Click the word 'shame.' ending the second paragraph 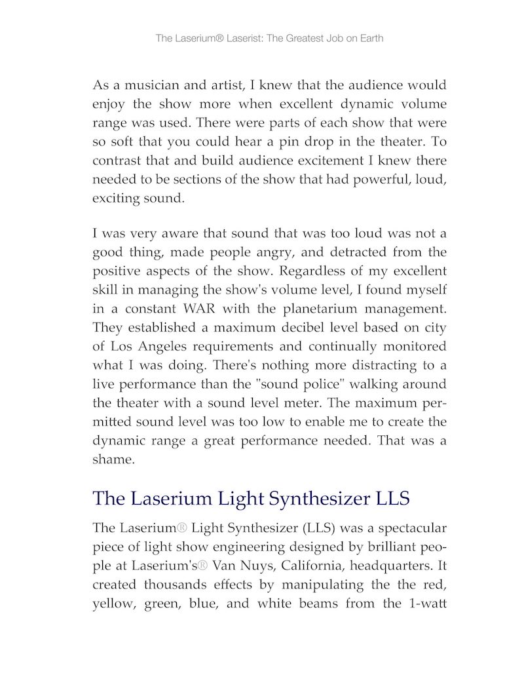point(113,459)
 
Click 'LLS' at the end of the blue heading point(392,499)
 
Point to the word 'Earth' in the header point(370,39)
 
